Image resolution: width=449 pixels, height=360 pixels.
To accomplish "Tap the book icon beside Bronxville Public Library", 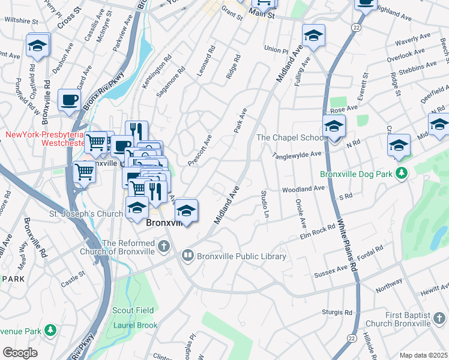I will (188, 256).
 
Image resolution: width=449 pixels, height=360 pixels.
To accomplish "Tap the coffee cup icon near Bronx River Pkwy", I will (68, 100).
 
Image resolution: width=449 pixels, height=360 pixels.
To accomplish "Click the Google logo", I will (20, 353).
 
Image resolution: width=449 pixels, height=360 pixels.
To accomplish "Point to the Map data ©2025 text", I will (423, 355).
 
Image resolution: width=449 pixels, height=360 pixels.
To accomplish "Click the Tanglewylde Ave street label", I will (298, 154).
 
